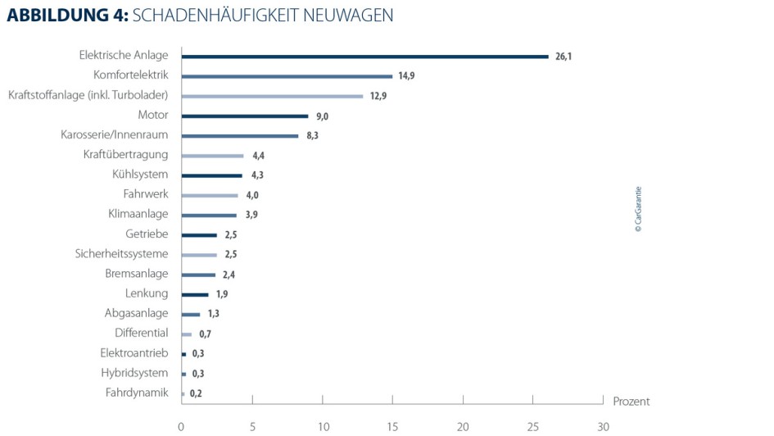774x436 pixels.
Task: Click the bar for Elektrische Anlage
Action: click(364, 57)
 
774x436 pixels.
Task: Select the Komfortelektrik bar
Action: click(287, 76)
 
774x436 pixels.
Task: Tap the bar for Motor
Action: click(245, 116)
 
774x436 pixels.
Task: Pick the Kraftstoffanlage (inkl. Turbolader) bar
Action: click(272, 96)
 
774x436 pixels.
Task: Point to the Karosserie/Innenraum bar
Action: click(240, 136)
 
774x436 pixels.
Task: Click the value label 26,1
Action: click(563, 57)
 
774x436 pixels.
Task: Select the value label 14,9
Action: click(407, 76)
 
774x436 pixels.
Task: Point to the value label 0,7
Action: click(205, 334)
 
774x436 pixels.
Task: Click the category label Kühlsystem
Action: click(140, 175)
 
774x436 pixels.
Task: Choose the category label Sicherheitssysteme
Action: click(121, 254)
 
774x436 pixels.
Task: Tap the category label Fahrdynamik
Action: click(137, 393)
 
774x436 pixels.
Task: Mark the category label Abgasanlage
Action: click(136, 313)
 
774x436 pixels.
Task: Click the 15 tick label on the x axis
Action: click(392, 427)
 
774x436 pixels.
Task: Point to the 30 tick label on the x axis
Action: click(603, 427)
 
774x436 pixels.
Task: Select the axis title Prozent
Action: click(631, 402)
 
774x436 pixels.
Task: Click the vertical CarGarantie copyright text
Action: click(639, 211)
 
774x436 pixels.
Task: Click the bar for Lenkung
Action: click(195, 294)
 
